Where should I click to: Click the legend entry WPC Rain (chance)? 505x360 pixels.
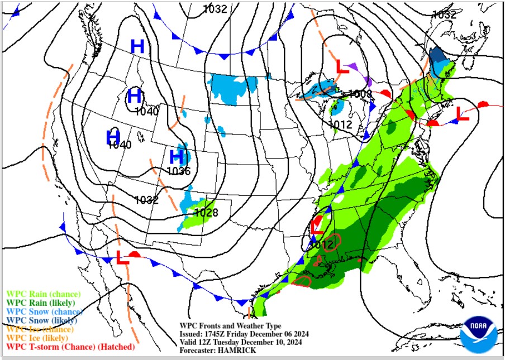[x=43, y=294]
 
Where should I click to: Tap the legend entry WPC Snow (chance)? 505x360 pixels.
[x=44, y=311]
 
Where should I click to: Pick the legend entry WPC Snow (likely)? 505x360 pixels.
[x=42, y=320]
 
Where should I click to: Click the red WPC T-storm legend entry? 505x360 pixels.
[x=70, y=347]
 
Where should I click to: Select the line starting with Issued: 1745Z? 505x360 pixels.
[x=244, y=334]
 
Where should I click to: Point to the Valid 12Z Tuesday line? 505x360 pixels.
[x=245, y=342]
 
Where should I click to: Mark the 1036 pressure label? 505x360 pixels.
[x=179, y=171]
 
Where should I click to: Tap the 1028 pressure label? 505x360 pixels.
[x=206, y=212]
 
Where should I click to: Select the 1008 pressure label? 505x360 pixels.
[x=360, y=94]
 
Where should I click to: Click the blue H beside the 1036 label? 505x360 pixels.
[x=177, y=156]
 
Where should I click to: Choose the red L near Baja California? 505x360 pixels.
[x=122, y=258]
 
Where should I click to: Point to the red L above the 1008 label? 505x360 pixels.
[x=342, y=66]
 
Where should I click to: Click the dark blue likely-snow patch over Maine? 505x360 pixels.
[x=437, y=57]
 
